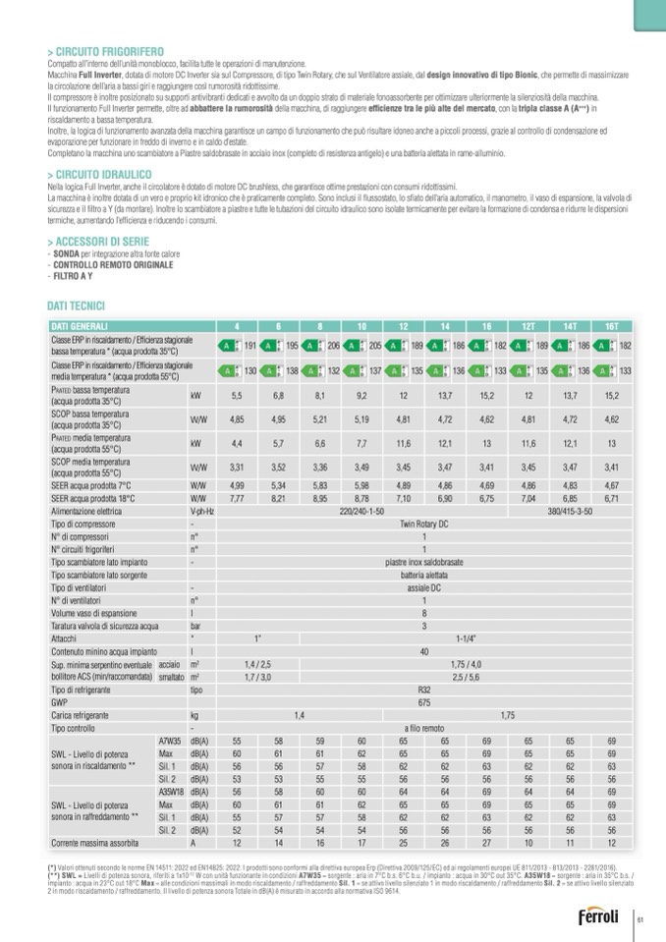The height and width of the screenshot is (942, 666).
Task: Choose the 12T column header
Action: (528, 326)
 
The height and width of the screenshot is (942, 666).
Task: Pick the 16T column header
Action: (612, 326)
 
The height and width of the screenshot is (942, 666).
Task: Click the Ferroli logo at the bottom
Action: (598, 918)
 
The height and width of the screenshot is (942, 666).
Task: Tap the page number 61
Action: (639, 918)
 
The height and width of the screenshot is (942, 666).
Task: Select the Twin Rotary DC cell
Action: (424, 525)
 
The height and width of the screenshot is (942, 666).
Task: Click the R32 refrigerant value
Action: (424, 691)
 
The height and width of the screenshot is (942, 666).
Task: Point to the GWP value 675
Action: (424, 703)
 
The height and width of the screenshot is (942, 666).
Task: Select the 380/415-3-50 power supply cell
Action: (570, 512)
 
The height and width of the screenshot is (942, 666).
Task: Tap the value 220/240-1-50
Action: (361, 512)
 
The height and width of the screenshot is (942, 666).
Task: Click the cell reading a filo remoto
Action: (424, 729)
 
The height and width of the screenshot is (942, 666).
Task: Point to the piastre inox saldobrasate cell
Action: (424, 563)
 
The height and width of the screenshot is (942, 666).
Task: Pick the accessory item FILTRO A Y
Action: (75, 277)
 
